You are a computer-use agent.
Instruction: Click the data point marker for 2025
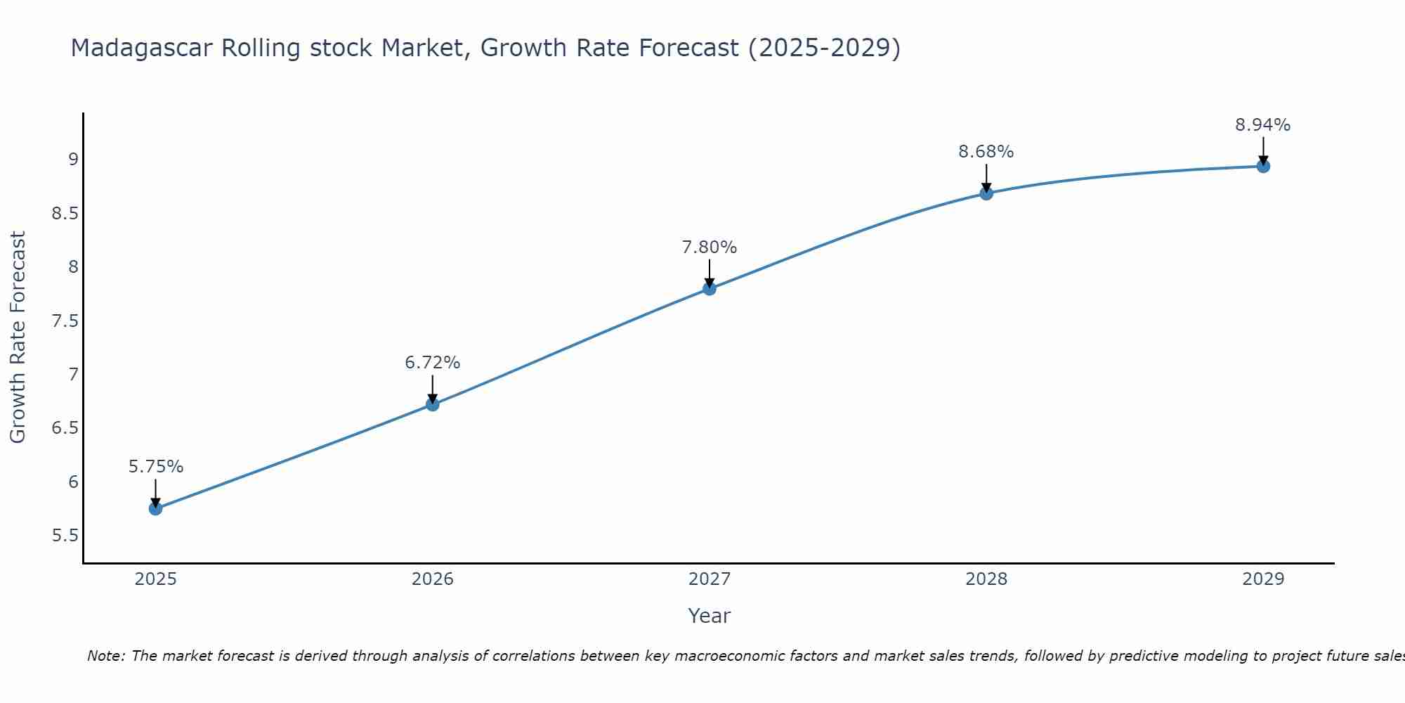point(156,508)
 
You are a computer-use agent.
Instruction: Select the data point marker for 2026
point(433,404)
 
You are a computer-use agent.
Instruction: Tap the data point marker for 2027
point(710,288)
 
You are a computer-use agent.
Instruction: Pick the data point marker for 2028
point(986,193)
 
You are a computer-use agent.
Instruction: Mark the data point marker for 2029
point(1263,166)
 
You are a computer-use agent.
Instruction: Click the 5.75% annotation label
point(156,467)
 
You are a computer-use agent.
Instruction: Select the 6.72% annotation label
point(433,363)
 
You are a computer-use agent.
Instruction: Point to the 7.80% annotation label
point(710,247)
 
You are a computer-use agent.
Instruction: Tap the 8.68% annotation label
point(986,152)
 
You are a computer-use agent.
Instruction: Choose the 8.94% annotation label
point(1263,125)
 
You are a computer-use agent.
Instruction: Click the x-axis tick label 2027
point(710,579)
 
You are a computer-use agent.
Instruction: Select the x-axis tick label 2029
point(1263,579)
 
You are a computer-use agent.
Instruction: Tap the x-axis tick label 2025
point(156,579)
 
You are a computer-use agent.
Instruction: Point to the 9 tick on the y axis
point(73,160)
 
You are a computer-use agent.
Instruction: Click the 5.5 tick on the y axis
point(65,536)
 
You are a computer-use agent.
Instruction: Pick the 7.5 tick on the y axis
point(65,321)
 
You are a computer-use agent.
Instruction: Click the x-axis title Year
point(710,616)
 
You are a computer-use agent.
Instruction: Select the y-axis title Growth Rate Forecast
point(18,337)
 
